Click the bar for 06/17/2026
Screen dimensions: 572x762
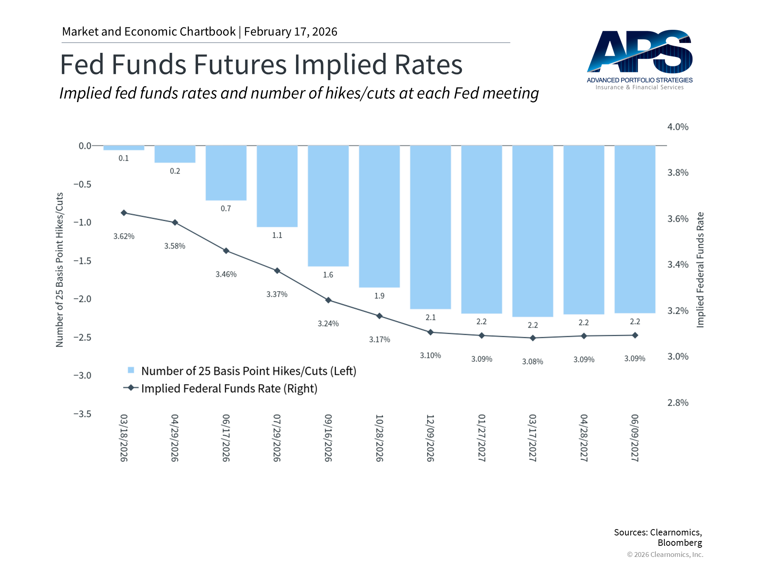coord(226,173)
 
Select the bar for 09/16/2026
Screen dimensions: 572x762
coord(328,205)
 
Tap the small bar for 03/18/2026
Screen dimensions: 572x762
coord(123,148)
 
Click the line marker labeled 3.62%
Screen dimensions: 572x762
coord(124,213)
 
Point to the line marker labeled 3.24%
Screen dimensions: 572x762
coord(328,300)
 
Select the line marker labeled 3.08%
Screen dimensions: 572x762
coord(533,338)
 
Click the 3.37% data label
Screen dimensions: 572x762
coord(277,294)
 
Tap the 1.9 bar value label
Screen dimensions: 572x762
coord(379,296)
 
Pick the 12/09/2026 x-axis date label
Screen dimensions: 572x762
coord(431,438)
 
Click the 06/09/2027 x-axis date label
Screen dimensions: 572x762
coord(635,438)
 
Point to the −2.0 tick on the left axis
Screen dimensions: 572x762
coord(82,299)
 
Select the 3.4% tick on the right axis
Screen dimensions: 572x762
coord(678,265)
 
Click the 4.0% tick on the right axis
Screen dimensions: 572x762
coord(678,127)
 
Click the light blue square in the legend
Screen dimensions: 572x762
coord(131,370)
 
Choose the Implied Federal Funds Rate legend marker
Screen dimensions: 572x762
coord(131,388)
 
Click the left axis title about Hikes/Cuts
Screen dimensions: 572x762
coord(60,270)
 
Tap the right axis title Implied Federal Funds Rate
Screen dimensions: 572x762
coord(700,270)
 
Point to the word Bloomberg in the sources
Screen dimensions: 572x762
coord(679,543)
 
